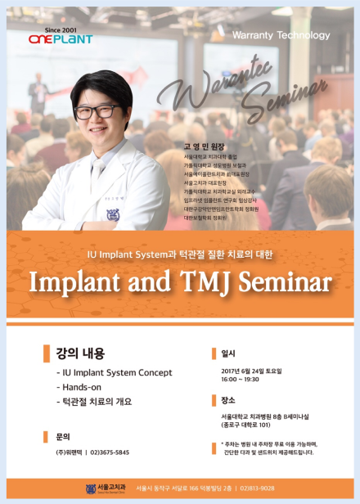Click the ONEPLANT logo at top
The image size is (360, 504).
click(x=60, y=37)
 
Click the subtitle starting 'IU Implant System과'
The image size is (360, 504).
click(x=179, y=254)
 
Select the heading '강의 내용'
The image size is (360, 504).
click(x=79, y=353)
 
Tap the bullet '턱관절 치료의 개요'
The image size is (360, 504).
click(x=93, y=402)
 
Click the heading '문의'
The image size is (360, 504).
click(x=63, y=436)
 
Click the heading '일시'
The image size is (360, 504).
click(x=227, y=353)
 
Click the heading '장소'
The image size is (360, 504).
click(x=227, y=400)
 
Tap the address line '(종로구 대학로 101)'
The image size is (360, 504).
click(x=254, y=425)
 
